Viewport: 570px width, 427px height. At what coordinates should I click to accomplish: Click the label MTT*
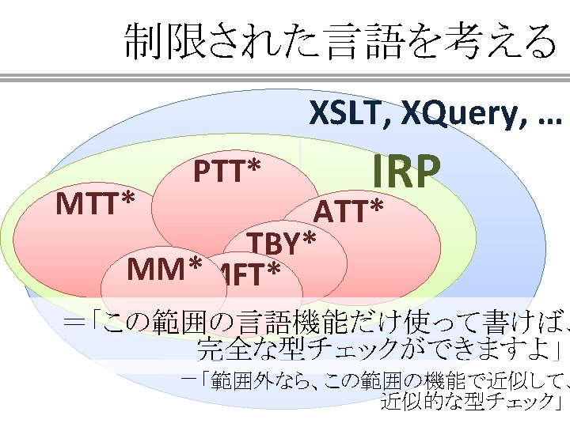point(94,205)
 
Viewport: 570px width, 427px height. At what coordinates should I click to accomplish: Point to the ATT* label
point(349,212)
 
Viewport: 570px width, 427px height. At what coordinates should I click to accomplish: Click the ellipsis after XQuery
point(545,119)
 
